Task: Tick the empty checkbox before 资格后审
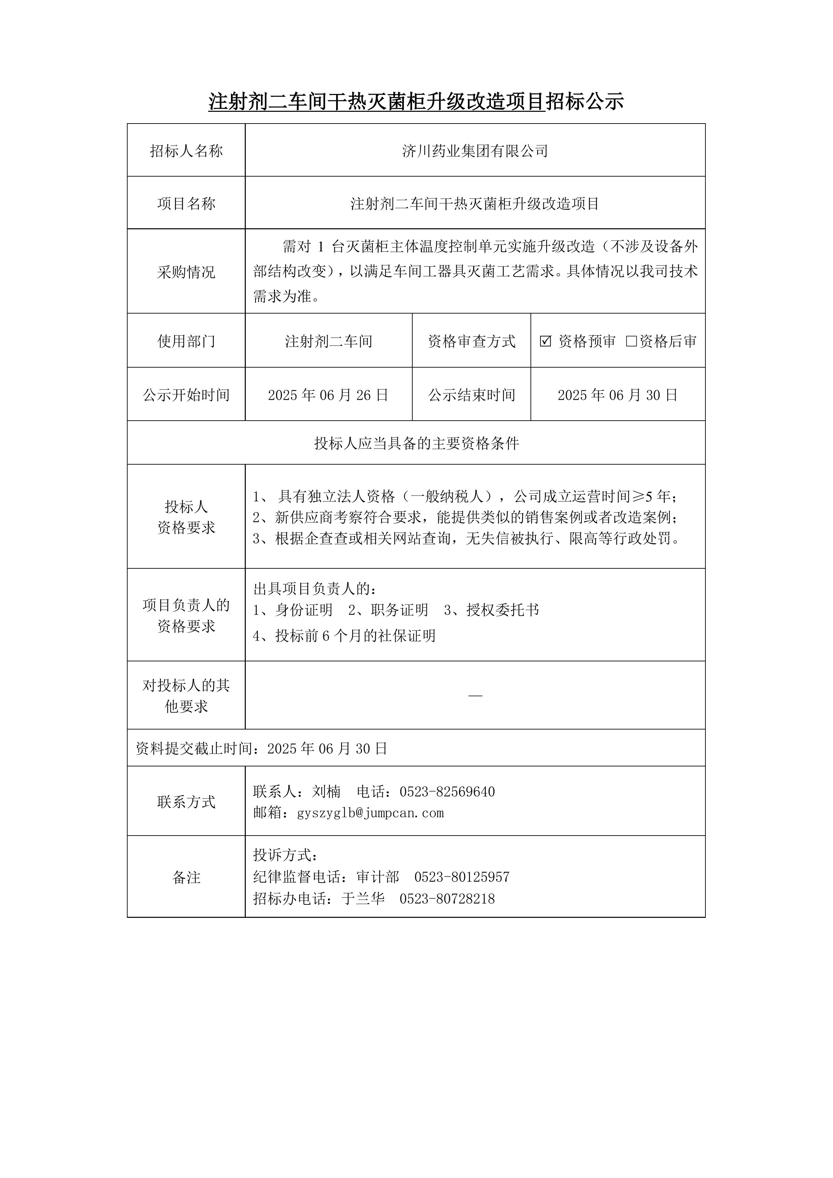pyautogui.click(x=631, y=341)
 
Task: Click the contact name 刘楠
pyautogui.click(x=326, y=792)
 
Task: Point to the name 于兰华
pyautogui.click(x=363, y=898)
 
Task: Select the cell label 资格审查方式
pyautogui.click(x=471, y=341)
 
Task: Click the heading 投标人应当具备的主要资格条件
pyautogui.click(x=416, y=443)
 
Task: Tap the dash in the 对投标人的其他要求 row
pyautogui.click(x=475, y=696)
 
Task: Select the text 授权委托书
pyautogui.click(x=503, y=610)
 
